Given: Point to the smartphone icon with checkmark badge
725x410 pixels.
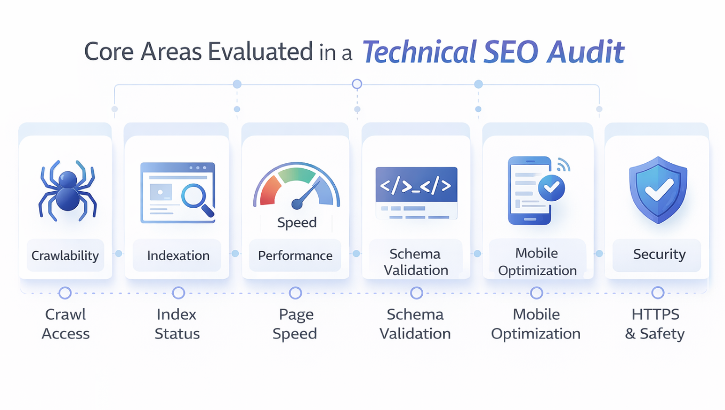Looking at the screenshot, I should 533,190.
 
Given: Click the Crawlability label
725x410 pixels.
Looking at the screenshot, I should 65,256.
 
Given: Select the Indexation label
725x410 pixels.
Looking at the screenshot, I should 178,256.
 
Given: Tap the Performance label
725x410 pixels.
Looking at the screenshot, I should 295,256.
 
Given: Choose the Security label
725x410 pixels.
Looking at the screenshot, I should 659,255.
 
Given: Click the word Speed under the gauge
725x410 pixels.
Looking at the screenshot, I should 297,223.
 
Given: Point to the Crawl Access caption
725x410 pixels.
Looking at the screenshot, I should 66,324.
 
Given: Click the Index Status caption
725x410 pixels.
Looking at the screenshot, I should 177,324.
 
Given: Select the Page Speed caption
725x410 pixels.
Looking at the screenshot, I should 295,324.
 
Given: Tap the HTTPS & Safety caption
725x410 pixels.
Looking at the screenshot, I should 655,324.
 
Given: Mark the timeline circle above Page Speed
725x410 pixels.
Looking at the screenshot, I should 295,293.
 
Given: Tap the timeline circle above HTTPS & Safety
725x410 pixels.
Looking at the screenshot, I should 658,293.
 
